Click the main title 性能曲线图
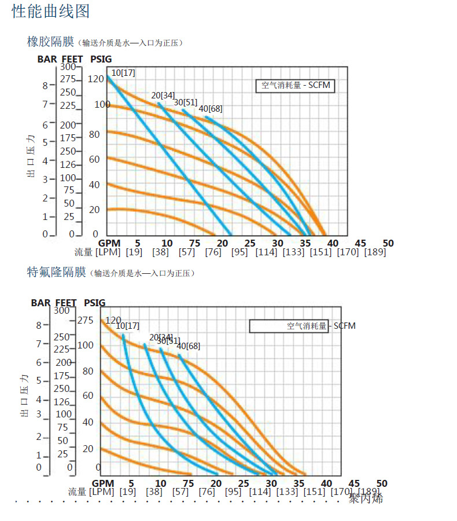[x=51, y=12]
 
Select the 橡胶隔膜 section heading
[x=50, y=42]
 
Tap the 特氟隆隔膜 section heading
[x=56, y=272]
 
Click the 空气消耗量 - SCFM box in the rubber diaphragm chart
[x=295, y=85]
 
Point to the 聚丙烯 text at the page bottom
[x=366, y=498]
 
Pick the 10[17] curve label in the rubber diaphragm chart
[x=123, y=72]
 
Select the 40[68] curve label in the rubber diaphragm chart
[x=211, y=108]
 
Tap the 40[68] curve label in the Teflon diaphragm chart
[x=188, y=346]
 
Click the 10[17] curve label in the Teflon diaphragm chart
[x=127, y=326]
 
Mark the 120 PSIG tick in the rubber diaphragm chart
[x=95, y=79]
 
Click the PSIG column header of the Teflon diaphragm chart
[x=94, y=302]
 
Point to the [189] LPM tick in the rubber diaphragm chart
[x=375, y=252]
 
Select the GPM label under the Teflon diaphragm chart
[x=103, y=483]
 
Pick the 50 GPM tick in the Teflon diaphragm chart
[x=381, y=483]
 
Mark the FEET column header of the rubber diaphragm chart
[x=72, y=59]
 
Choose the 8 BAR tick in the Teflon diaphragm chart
[x=39, y=325]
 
